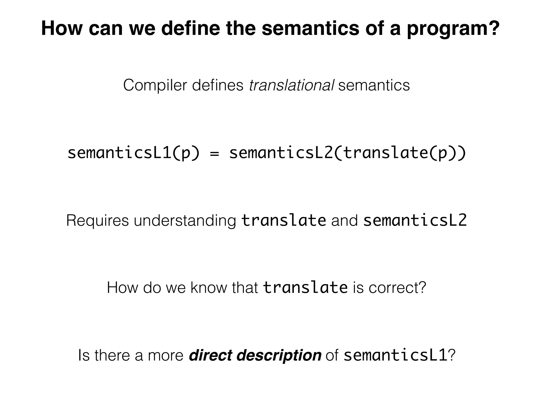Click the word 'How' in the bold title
pos(62,28)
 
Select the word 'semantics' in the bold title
pos(310,28)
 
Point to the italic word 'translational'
pos(291,85)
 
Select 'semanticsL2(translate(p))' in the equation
pos(347,153)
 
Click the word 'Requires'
pos(97,221)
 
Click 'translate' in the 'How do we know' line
pos(305,288)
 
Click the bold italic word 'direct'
pos(210,355)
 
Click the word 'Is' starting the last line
pos(84,355)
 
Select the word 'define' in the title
pos(190,28)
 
